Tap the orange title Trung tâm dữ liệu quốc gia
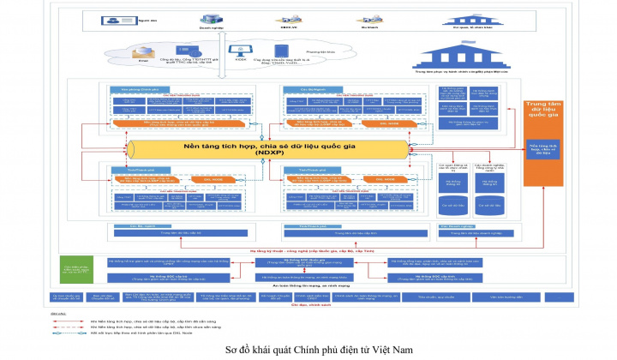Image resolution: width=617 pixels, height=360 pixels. (542, 110)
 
